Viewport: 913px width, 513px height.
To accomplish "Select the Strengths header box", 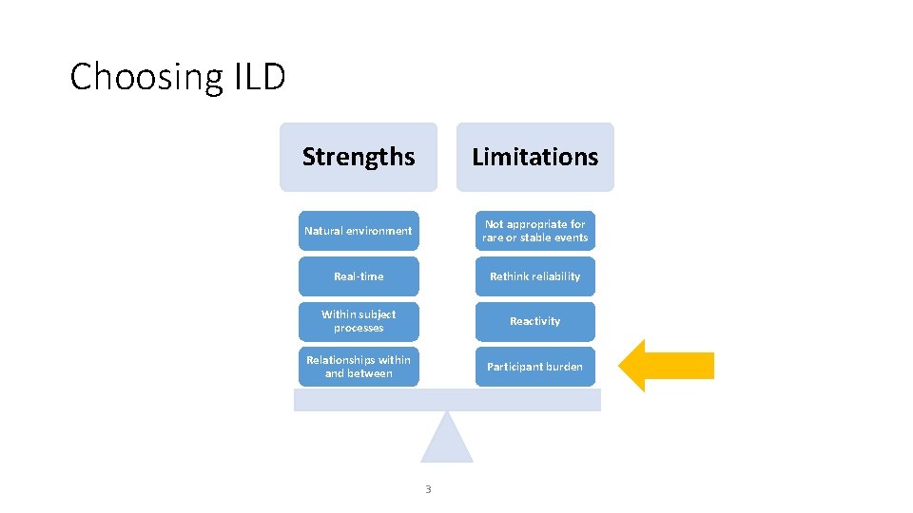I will tap(359, 157).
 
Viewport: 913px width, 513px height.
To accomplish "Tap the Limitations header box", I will tap(535, 157).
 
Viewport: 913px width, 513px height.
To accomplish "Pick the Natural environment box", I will tap(359, 231).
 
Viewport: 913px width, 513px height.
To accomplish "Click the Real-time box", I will tap(359, 276).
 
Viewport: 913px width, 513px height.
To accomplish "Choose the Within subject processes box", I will tap(359, 321).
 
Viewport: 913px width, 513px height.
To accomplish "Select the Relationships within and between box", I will tap(359, 367).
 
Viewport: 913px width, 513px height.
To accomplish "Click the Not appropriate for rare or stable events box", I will tap(535, 231).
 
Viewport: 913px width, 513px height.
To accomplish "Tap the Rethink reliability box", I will tap(535, 276).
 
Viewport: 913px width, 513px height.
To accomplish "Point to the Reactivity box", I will tap(535, 321).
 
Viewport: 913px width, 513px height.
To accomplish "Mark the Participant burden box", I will tap(535, 367).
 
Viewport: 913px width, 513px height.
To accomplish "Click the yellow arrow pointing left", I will tap(666, 366).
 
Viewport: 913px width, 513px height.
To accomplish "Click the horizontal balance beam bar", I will tap(447, 400).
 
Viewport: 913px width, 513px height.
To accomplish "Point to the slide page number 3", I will tap(428, 489).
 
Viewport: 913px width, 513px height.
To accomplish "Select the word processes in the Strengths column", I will tap(359, 329).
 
